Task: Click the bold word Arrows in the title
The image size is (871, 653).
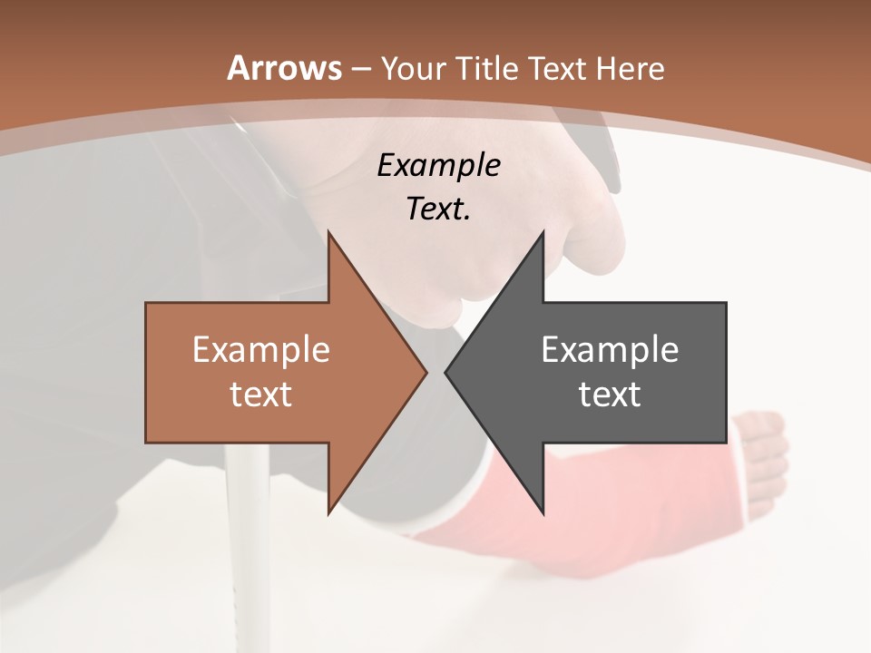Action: click(285, 68)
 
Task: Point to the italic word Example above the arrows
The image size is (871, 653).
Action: click(439, 165)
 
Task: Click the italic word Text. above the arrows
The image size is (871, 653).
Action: click(439, 209)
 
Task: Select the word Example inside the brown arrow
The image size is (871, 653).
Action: click(261, 349)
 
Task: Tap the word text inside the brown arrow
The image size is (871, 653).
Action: click(261, 394)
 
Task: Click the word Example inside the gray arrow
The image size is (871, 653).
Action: click(610, 349)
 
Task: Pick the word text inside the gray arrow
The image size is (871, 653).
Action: click(610, 394)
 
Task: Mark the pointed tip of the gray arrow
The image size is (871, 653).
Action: click(446, 372)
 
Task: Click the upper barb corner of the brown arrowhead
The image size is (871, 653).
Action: click(328, 234)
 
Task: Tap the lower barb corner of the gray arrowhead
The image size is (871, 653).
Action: click(543, 512)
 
